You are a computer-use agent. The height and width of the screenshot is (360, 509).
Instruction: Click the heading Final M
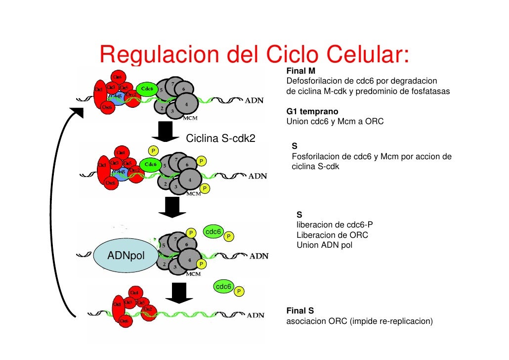pyautogui.click(x=297, y=72)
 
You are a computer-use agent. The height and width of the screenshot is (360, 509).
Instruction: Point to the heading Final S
pyautogui.click(x=300, y=311)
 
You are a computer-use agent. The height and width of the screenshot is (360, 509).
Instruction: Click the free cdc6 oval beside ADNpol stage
pyautogui.click(x=213, y=231)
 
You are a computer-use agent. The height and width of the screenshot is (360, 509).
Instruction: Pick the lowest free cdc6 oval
pyautogui.click(x=223, y=287)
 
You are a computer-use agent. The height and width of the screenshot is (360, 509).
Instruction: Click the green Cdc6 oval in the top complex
pyautogui.click(x=147, y=89)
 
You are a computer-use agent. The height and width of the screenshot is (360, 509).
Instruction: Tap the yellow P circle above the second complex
pyautogui.click(x=154, y=150)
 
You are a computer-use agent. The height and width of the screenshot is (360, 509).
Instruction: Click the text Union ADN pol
pyautogui.click(x=324, y=245)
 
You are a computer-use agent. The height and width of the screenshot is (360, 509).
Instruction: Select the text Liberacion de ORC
pyautogui.click(x=332, y=235)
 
